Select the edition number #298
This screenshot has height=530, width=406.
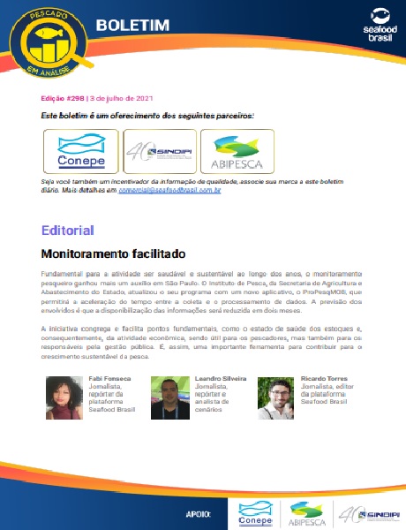[72, 98]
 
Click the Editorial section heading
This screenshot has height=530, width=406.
[67, 231]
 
